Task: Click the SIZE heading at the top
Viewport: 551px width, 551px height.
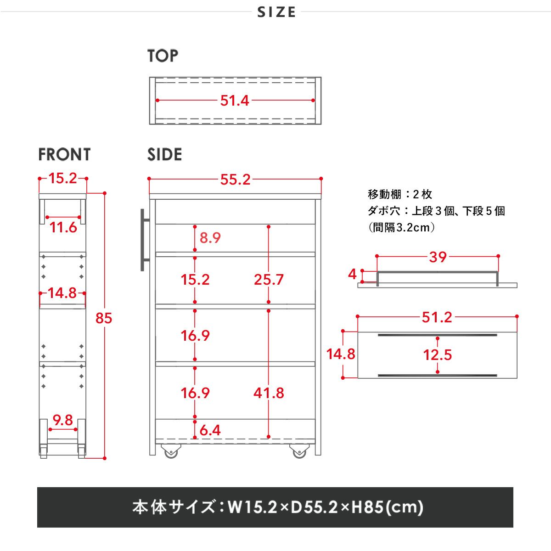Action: point(276,12)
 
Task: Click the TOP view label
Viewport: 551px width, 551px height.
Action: point(163,56)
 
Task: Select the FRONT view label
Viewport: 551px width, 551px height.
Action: point(64,155)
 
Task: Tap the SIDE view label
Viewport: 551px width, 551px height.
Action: point(164,155)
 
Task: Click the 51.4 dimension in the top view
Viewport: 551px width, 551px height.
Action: point(235,101)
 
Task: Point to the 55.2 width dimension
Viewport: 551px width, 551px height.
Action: point(235,180)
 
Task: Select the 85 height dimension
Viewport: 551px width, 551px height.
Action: point(104,318)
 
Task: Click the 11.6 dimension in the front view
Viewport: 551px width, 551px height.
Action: point(63,227)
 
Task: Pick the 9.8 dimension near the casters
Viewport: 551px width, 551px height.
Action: point(63,420)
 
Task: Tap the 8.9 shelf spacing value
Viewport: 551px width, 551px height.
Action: point(210,238)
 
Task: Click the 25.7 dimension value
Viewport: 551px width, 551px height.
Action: point(269,279)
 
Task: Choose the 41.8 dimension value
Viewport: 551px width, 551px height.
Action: point(269,393)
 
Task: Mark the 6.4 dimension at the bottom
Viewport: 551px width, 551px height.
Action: point(210,430)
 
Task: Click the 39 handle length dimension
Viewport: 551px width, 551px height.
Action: point(438,257)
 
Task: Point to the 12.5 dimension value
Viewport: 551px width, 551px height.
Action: point(438,354)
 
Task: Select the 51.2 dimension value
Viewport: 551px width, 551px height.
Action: point(437,317)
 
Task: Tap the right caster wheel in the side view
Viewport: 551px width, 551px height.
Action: point(299,452)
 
